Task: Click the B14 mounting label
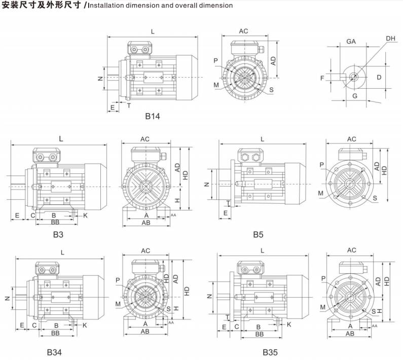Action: tap(153, 116)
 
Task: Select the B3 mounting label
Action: tap(58, 235)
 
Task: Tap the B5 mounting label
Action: tap(258, 235)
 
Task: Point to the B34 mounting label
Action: tap(54, 352)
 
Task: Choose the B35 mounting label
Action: tap(270, 352)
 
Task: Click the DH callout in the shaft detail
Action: tap(390, 39)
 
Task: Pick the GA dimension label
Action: tap(351, 42)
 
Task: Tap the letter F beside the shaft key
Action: tap(322, 78)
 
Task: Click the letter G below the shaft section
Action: tap(355, 96)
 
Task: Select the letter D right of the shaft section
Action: tap(379, 77)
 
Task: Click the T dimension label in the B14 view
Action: tap(129, 105)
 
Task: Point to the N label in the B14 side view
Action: tap(100, 79)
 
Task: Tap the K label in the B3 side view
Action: tap(85, 215)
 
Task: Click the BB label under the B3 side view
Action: tap(55, 222)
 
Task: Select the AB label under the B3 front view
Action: tap(146, 223)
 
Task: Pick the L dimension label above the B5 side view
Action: tap(262, 139)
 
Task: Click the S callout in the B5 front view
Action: tap(375, 198)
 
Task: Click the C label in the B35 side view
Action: tap(237, 327)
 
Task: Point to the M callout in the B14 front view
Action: tap(216, 85)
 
